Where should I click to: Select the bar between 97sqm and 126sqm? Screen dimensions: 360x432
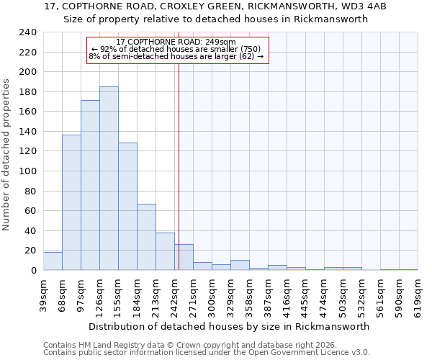coord(90,185)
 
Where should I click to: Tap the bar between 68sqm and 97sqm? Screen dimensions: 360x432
coord(71,202)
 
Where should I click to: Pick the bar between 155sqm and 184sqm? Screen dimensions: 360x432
coord(127,207)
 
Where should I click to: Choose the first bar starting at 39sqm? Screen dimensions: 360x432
coord(53,261)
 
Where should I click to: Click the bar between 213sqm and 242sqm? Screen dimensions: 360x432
coord(165,251)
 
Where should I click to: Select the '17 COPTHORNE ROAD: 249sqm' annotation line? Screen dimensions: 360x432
coord(176,42)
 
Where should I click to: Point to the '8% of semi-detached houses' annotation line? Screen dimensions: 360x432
coord(176,56)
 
